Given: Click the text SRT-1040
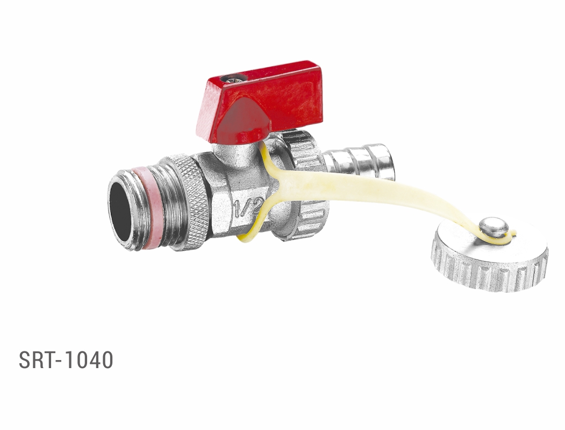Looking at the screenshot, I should [66, 360].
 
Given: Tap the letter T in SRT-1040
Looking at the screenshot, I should [49, 360].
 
